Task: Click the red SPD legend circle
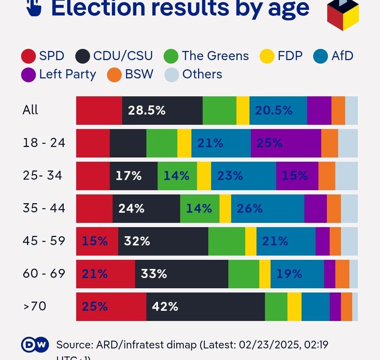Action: click(x=28, y=56)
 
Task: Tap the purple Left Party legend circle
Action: click(x=28, y=75)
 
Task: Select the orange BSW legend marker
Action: click(x=114, y=75)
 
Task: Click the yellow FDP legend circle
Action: click(x=267, y=56)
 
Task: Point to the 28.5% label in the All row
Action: click(x=147, y=110)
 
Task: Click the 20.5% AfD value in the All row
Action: click(x=274, y=110)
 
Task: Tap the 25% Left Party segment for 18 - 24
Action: click(x=270, y=143)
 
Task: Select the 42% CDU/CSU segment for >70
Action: click(x=165, y=307)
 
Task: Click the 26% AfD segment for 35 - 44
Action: click(x=250, y=208)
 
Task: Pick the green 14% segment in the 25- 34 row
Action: click(x=177, y=176)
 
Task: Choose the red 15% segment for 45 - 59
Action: click(x=95, y=241)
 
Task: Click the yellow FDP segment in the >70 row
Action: click(x=294, y=307)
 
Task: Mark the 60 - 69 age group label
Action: click(x=44, y=274)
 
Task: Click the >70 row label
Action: click(x=35, y=306)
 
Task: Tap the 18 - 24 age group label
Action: click(x=44, y=143)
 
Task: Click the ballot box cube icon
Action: click(x=343, y=15)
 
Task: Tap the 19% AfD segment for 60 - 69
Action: click(x=289, y=274)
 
